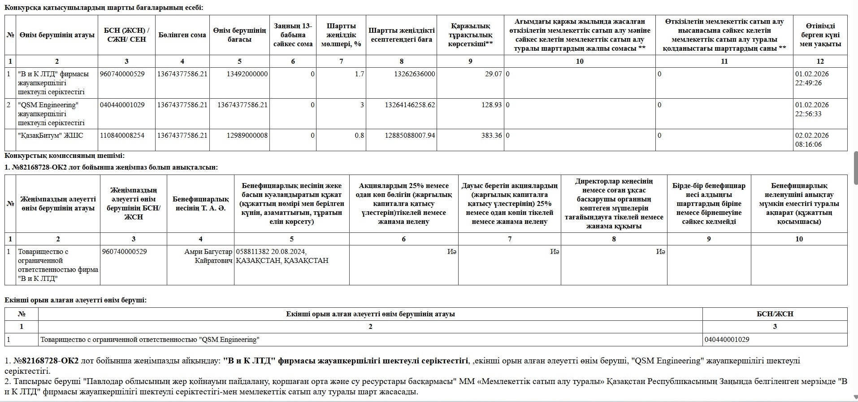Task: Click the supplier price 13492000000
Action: pyautogui.click(x=247, y=74)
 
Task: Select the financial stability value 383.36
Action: pyautogui.click(x=491, y=135)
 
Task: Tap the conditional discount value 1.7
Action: pyautogui.click(x=359, y=74)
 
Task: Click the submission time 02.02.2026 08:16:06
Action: pyautogui.click(x=812, y=140)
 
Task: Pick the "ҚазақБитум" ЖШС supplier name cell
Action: pyautogui.click(x=51, y=135)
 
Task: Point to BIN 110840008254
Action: pyautogui.click(x=122, y=135)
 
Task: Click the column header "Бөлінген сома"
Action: pyautogui.click(x=182, y=35)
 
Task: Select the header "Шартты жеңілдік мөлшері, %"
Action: pyautogui.click(x=341, y=35)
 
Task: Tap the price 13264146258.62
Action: pyautogui.click(x=410, y=105)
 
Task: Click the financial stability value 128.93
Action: pyautogui.click(x=491, y=105)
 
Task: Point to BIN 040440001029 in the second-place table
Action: pyautogui.click(x=727, y=340)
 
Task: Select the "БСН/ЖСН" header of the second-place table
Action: pyautogui.click(x=775, y=314)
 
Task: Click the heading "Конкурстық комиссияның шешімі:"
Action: pyautogui.click(x=65, y=156)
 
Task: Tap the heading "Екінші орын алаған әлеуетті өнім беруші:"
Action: pyautogui.click(x=75, y=300)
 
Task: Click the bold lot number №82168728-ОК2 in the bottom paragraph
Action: pyautogui.click(x=46, y=361)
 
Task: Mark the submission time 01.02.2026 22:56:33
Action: pyautogui.click(x=812, y=109)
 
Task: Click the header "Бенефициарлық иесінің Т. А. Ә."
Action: pyautogui.click(x=200, y=204)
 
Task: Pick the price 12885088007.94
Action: pyautogui.click(x=410, y=135)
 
